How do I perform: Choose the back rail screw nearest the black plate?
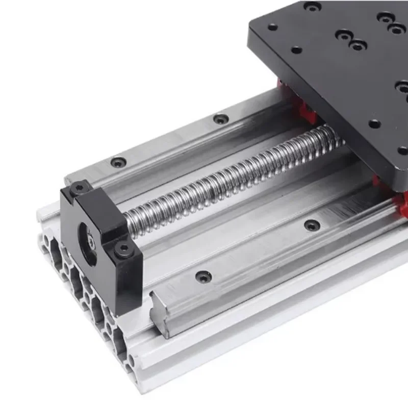220,119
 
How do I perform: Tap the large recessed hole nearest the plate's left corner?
313,7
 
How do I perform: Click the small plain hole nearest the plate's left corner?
272,27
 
